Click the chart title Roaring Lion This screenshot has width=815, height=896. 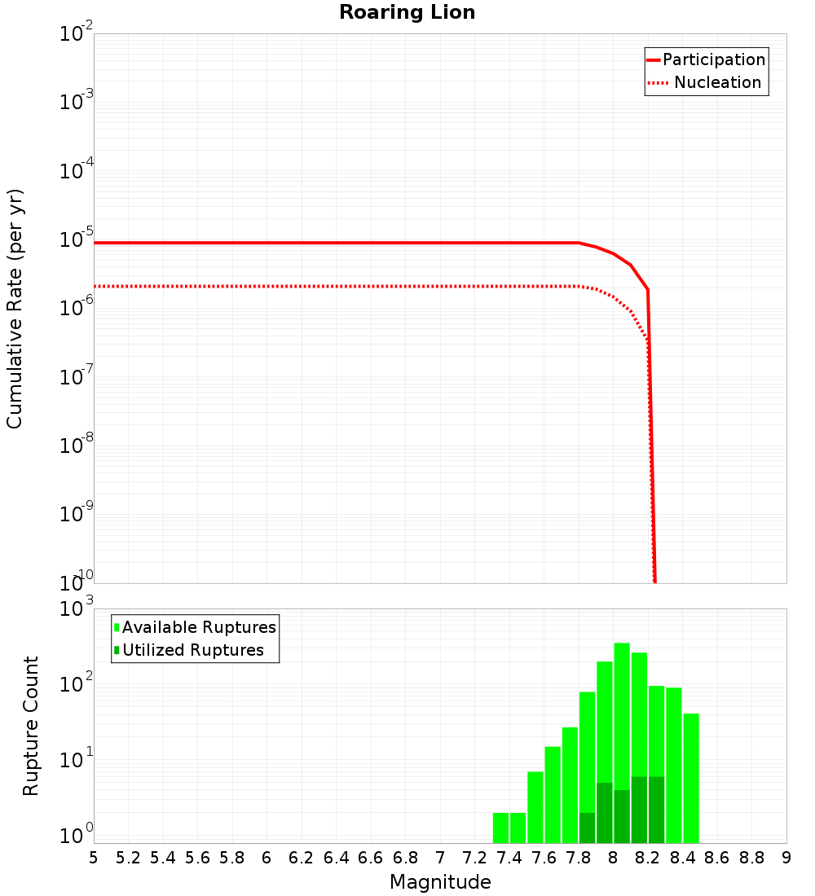pos(407,12)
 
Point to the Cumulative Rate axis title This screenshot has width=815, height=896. pos(15,309)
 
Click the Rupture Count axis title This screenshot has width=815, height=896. pos(31,726)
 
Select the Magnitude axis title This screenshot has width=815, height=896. pos(440,882)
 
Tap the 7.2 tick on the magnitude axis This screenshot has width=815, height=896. pos(474,858)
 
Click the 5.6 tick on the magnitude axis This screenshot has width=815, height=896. pos(197,858)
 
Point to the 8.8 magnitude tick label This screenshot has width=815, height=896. pos(751,858)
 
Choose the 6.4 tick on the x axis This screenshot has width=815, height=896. pos(336,858)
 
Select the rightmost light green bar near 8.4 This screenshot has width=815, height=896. pos(691,778)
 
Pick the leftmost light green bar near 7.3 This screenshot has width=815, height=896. pos(500,828)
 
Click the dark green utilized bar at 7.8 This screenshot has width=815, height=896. pos(587,828)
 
